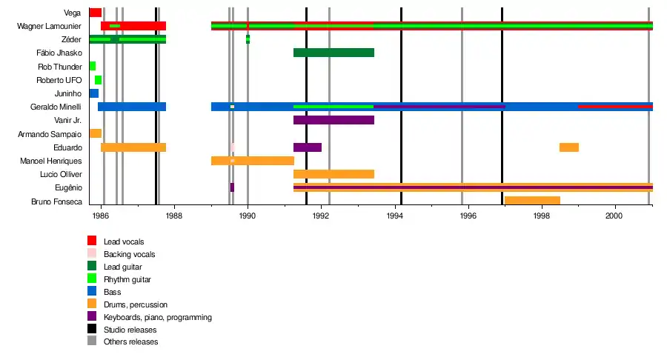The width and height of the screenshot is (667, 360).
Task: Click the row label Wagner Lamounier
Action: coord(49,26)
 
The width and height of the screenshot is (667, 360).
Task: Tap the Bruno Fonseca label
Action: coord(56,201)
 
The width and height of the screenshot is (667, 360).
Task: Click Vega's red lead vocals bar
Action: coord(95,13)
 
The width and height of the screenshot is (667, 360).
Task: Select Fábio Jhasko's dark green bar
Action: coord(333,53)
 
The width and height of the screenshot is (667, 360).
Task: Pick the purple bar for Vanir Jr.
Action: coord(333,120)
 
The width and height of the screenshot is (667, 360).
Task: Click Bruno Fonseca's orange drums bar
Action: coord(532,200)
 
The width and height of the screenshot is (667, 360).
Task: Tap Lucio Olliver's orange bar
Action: coord(333,174)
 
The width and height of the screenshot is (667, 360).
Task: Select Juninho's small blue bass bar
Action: coord(94,93)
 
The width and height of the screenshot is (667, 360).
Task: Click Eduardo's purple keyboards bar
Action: coord(308,147)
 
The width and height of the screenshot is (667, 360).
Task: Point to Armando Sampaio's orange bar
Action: coord(95,133)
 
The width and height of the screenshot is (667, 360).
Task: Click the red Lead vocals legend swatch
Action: coord(92,241)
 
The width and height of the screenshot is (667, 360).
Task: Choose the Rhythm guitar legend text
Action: coord(127,279)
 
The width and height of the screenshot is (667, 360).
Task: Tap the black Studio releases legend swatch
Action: coord(92,329)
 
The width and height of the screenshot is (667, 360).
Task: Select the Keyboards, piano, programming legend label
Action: coord(158,317)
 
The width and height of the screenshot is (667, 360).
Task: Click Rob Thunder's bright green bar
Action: coord(93,66)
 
